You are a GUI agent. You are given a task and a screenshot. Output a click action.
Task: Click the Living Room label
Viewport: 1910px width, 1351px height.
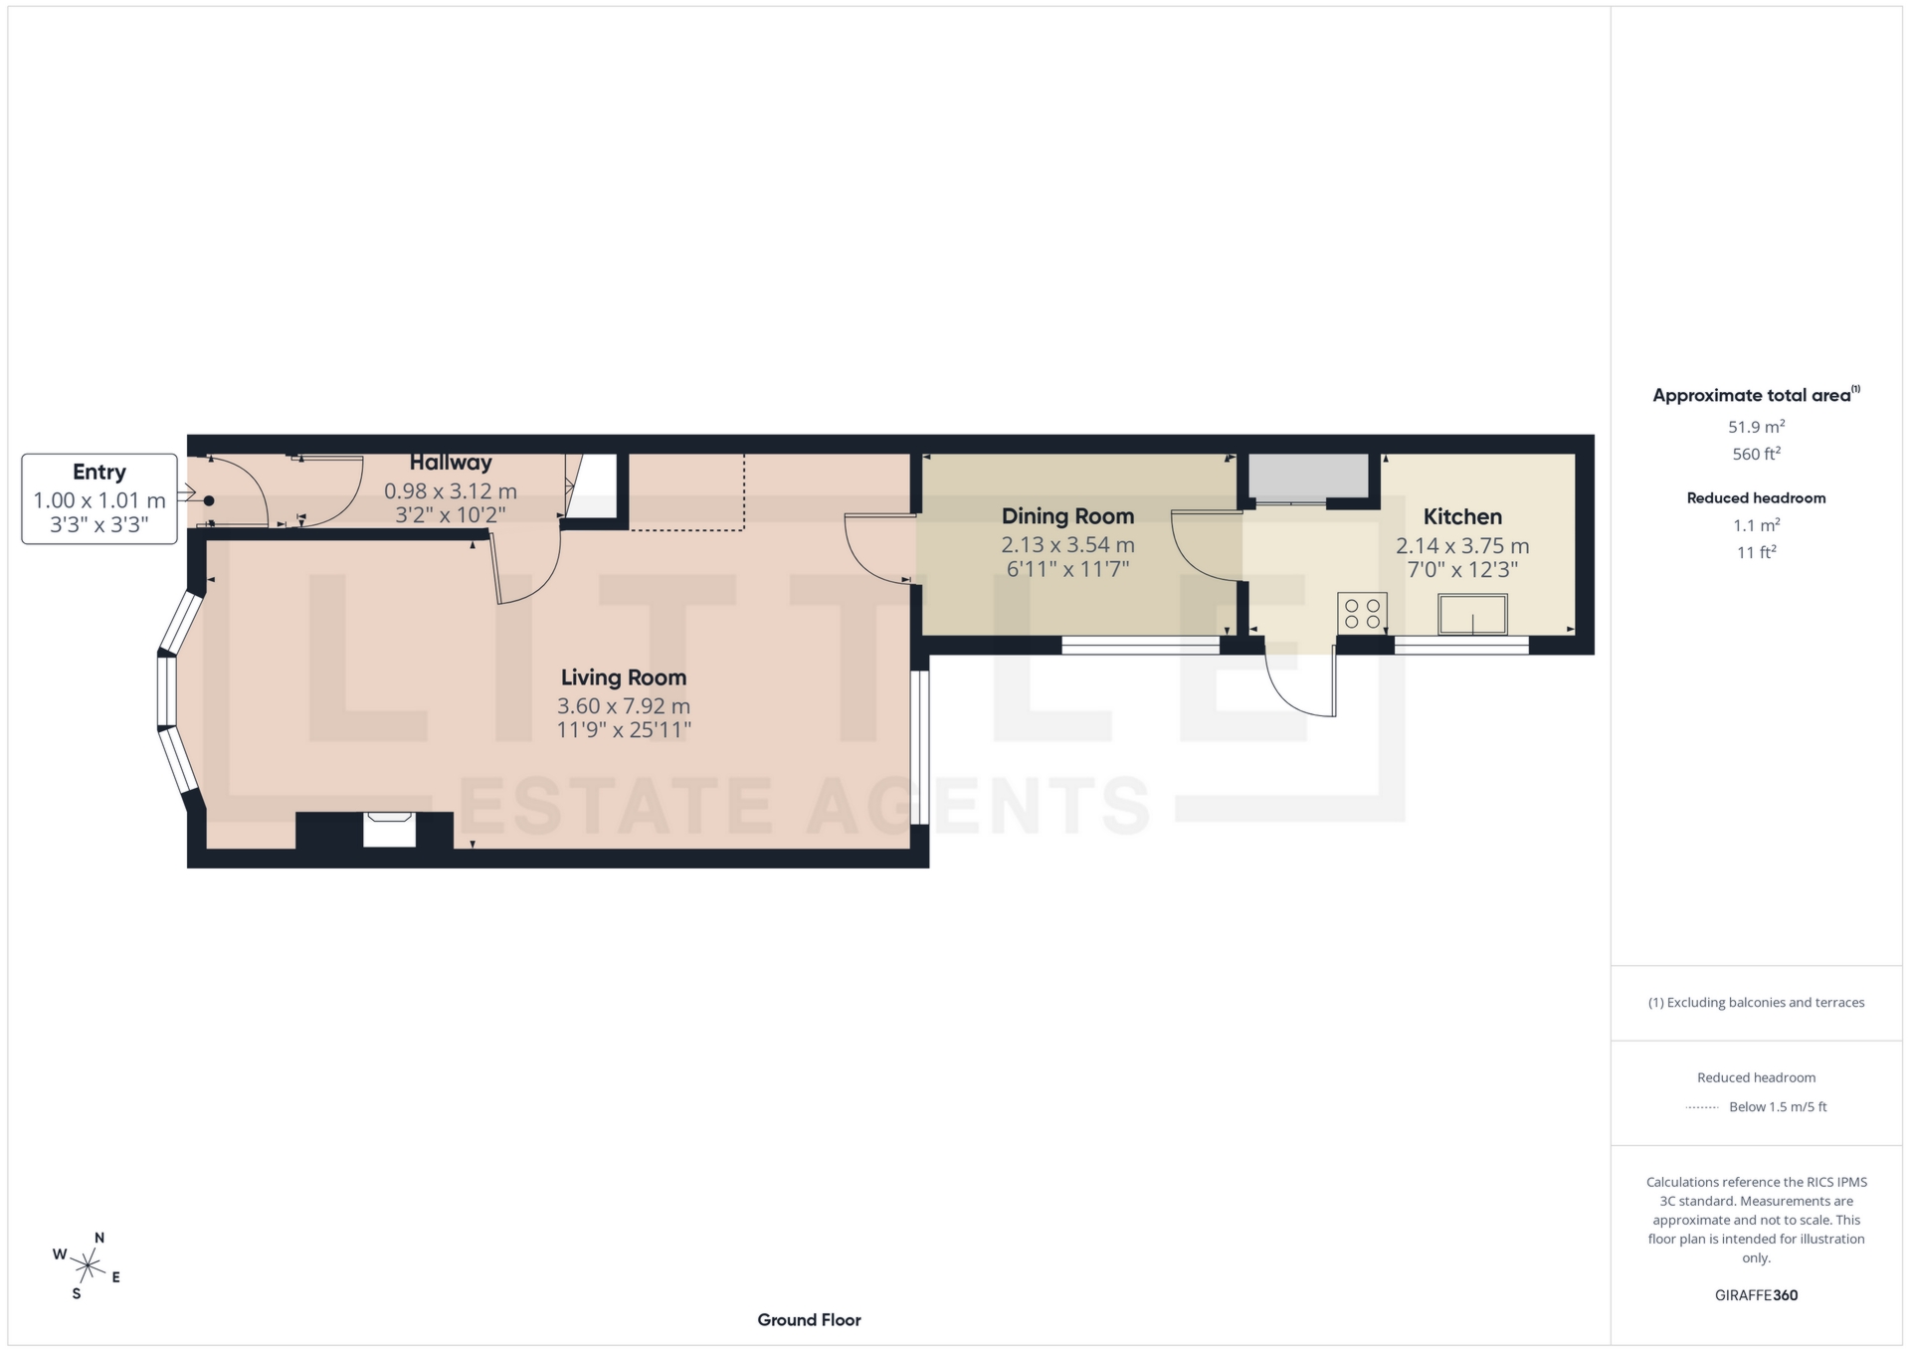click(624, 677)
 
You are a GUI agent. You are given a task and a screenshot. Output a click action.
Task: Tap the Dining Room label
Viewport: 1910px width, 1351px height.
click(1067, 516)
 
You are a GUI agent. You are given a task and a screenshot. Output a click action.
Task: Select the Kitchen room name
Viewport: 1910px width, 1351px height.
click(1462, 516)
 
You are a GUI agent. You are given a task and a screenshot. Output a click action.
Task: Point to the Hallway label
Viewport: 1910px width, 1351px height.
click(451, 463)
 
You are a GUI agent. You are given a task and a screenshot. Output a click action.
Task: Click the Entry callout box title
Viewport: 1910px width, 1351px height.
click(99, 472)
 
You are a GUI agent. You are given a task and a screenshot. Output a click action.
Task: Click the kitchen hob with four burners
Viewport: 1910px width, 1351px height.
click(1362, 613)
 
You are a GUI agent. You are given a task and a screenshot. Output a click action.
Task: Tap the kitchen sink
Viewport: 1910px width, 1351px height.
click(1472, 614)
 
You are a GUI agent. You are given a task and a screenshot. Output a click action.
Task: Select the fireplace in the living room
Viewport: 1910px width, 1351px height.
click(389, 830)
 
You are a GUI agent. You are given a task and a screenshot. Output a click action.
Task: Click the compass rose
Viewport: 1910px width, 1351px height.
click(88, 1266)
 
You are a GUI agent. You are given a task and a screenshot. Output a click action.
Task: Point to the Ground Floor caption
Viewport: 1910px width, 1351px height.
click(809, 1320)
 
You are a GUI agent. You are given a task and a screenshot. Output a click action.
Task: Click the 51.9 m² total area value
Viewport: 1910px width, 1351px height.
click(1756, 427)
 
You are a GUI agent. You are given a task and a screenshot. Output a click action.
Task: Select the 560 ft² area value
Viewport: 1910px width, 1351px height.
click(1756, 454)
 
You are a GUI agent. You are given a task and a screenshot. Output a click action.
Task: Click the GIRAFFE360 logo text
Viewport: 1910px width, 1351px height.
click(1756, 1295)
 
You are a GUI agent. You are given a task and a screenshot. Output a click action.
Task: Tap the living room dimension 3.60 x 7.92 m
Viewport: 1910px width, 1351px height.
click(624, 706)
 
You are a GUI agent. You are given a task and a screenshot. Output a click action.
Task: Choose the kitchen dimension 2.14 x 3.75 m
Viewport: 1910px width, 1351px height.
click(1462, 545)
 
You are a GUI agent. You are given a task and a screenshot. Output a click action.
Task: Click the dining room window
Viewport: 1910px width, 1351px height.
click(1140, 646)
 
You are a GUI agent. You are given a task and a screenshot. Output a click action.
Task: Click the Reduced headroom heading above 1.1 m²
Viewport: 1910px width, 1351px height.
click(1756, 498)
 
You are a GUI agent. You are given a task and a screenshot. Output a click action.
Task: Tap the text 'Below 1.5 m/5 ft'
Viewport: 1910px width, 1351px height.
click(1778, 1106)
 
